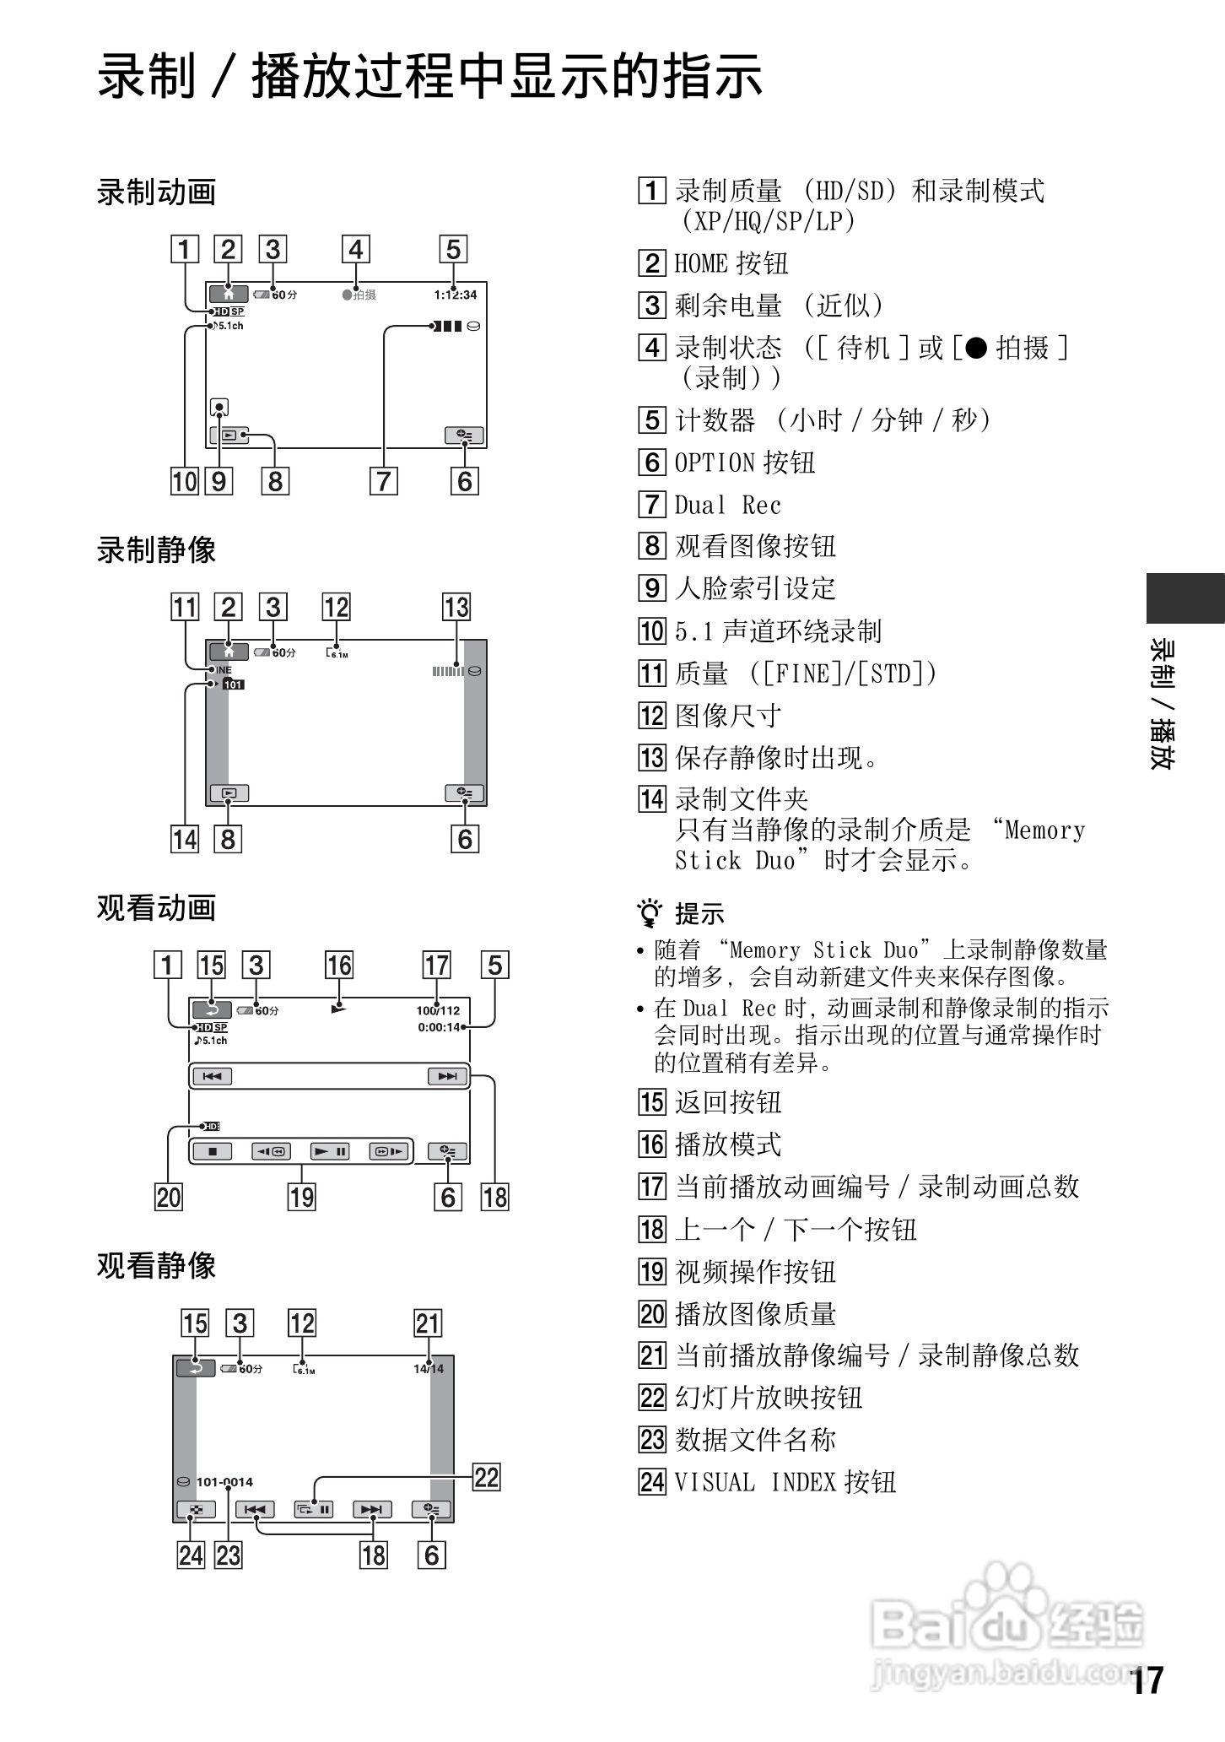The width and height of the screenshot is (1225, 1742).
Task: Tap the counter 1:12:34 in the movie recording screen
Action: pyautogui.click(x=456, y=295)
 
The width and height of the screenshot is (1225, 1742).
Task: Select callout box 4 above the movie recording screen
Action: pyautogui.click(x=355, y=250)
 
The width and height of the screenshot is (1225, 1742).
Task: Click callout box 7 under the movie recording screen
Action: pyautogui.click(x=383, y=481)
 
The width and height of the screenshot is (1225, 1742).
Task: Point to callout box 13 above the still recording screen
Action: pyautogui.click(x=456, y=608)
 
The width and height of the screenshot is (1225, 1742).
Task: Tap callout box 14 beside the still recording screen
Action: pyautogui.click(x=185, y=839)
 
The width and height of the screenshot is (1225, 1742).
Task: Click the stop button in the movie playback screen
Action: pyautogui.click(x=213, y=1151)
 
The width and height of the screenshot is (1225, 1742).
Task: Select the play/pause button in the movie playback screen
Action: pyautogui.click(x=329, y=1151)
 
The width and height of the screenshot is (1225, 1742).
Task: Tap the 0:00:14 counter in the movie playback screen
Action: pyautogui.click(x=440, y=1027)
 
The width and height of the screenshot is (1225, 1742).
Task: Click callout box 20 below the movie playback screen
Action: pyautogui.click(x=168, y=1197)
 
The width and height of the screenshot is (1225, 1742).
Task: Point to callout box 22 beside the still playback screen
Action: pyautogui.click(x=487, y=1477)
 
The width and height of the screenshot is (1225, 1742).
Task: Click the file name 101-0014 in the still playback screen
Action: pyautogui.click(x=224, y=1481)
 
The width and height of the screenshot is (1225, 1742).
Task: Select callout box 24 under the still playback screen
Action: pyautogui.click(x=191, y=1555)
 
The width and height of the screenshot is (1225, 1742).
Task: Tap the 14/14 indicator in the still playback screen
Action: pyautogui.click(x=429, y=1368)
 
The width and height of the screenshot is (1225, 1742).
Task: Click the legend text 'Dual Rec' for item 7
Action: pyautogui.click(x=727, y=506)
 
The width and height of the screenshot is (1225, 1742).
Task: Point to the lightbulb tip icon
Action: pyautogui.click(x=650, y=913)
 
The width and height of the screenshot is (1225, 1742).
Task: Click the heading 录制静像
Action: pyautogui.click(x=156, y=550)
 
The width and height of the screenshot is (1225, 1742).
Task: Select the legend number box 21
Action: pyautogui.click(x=651, y=1355)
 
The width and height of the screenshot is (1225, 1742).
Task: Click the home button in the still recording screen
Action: pyautogui.click(x=229, y=652)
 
